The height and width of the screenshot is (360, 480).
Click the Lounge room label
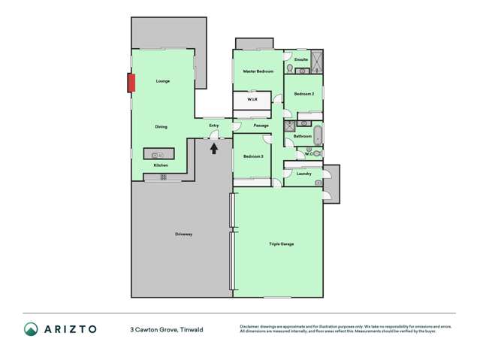point(163,81)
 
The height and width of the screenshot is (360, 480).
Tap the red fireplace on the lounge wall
point(131,82)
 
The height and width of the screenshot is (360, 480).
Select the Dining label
point(162,127)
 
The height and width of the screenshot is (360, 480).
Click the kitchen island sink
point(159,154)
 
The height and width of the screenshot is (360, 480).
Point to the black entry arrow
point(214,148)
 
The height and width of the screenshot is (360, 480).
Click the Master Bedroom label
point(258,71)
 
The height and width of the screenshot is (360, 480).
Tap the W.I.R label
point(253,99)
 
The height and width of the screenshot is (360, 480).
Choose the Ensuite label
point(301,59)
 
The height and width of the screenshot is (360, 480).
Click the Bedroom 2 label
point(304,94)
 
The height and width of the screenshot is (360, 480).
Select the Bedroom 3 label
point(252,156)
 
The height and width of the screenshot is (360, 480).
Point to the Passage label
point(261,126)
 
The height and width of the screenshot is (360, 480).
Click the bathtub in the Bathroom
point(318,136)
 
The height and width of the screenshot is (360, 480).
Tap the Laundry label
point(304,174)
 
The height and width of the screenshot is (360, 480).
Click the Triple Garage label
point(282,244)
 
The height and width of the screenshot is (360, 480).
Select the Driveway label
point(184,234)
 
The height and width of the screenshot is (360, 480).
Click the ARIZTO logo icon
point(32,329)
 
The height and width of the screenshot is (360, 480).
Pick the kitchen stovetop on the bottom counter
point(162,177)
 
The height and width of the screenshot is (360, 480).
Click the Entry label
point(214,126)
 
